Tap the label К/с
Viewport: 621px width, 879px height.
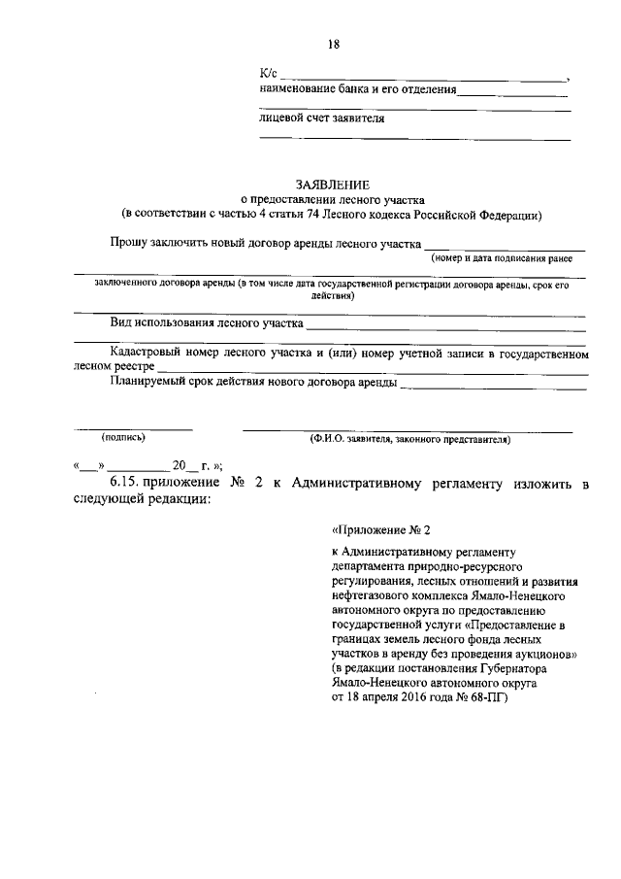269,75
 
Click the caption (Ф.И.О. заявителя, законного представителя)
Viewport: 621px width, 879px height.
409,439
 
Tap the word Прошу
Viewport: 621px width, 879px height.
131,243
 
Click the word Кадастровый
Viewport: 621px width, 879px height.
150,352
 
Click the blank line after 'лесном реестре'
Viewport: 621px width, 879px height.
373,370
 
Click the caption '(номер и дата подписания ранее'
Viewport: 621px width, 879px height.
502,258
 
